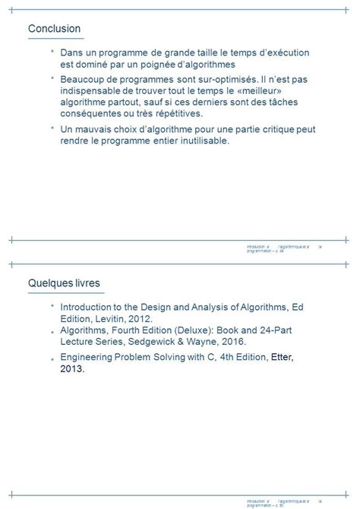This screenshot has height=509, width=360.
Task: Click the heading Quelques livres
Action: coord(64,283)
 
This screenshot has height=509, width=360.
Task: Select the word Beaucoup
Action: coord(84,79)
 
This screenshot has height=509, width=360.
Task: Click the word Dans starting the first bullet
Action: coord(72,52)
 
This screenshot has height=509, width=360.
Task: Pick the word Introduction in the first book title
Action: coord(90,307)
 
